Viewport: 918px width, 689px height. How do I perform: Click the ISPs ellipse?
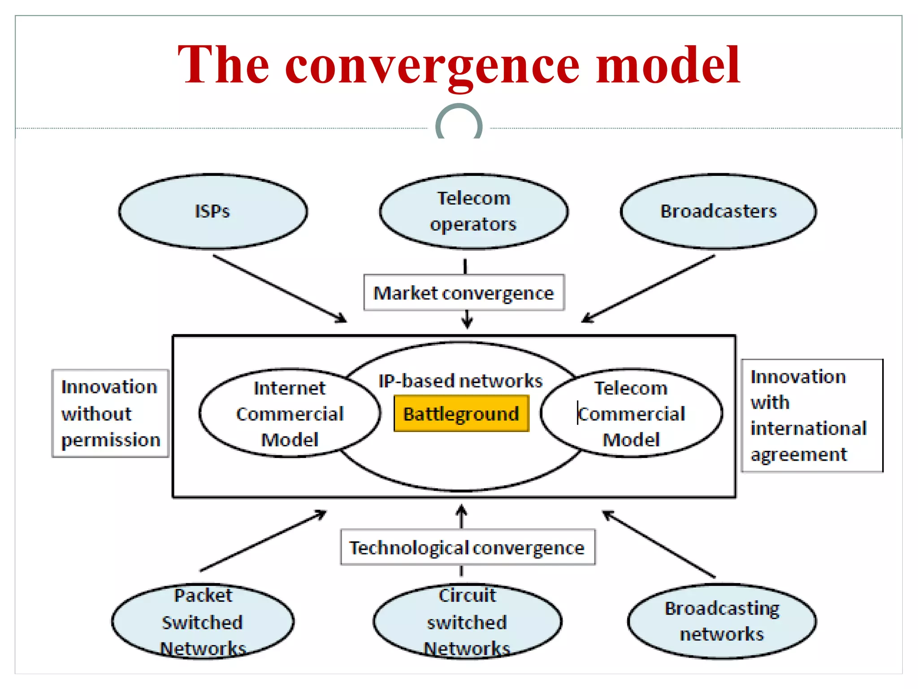pyautogui.click(x=213, y=211)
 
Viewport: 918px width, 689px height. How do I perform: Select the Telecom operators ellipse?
pyautogui.click(x=473, y=211)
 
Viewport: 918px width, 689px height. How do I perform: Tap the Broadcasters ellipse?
pyautogui.click(x=718, y=211)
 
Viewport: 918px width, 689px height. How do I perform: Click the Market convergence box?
pyautogui.click(x=464, y=293)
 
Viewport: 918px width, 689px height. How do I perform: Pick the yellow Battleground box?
pyautogui.click(x=461, y=414)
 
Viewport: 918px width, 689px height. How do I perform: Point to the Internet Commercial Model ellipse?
pyautogui.click(x=290, y=414)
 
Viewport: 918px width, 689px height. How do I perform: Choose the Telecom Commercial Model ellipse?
pyautogui.click(x=631, y=414)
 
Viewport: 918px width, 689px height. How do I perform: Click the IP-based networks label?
pyautogui.click(x=460, y=381)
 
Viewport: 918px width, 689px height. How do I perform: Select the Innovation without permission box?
pyautogui.click(x=110, y=414)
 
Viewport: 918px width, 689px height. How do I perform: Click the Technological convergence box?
pyautogui.click(x=468, y=548)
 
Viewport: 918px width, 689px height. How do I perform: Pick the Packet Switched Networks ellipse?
pyautogui.click(x=203, y=622)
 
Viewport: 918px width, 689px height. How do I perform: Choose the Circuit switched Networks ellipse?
pyautogui.click(x=467, y=622)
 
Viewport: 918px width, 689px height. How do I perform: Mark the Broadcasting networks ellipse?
pyautogui.click(x=722, y=622)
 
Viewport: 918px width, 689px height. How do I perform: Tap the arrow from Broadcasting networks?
pyautogui.click(x=658, y=544)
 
